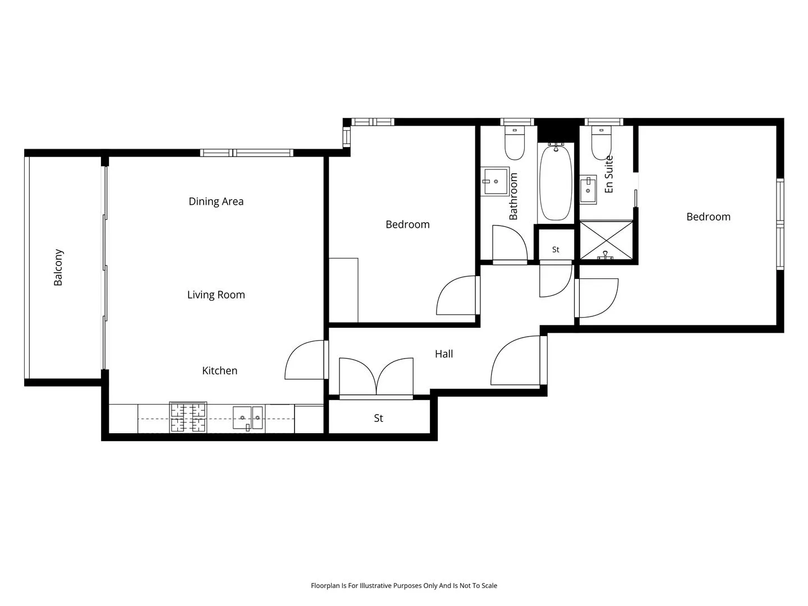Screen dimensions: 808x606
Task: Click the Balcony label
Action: coord(58,267)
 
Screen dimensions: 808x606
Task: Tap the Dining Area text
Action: coord(216,201)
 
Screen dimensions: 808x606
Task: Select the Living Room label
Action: coord(216,295)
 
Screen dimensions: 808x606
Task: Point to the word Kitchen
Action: coord(220,370)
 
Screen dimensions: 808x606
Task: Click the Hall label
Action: coord(444,354)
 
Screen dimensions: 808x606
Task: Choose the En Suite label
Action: coord(609,174)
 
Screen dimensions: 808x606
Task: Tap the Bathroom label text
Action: coord(513,196)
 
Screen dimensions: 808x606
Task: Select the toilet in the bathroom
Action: coord(515,143)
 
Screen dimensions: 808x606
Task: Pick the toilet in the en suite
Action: coord(602,143)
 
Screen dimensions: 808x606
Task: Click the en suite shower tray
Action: coord(606,240)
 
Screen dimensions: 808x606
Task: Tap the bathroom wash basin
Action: coord(495,181)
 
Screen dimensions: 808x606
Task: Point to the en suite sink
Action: coord(588,190)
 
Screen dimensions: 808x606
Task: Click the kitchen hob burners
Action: coord(188,417)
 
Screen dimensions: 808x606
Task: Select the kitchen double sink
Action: coord(248,418)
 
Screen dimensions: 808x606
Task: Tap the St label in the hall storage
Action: coord(378,418)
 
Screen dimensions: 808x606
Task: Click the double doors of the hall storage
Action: coord(376,378)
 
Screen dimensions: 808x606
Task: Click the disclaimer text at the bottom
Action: coord(404,585)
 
